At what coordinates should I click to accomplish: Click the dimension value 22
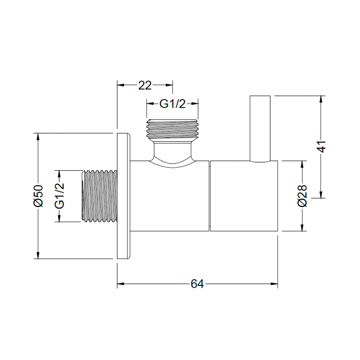click(145, 85)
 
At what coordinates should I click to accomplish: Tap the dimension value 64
click(197, 284)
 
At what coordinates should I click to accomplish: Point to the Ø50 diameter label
click(38, 196)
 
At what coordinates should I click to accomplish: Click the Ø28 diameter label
click(302, 196)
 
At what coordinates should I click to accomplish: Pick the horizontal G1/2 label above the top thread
click(172, 104)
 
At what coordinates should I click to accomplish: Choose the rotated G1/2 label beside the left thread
click(59, 196)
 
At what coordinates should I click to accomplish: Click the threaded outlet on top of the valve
click(172, 129)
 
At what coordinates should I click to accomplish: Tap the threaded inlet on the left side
click(99, 196)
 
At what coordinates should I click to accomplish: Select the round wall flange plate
click(124, 196)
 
